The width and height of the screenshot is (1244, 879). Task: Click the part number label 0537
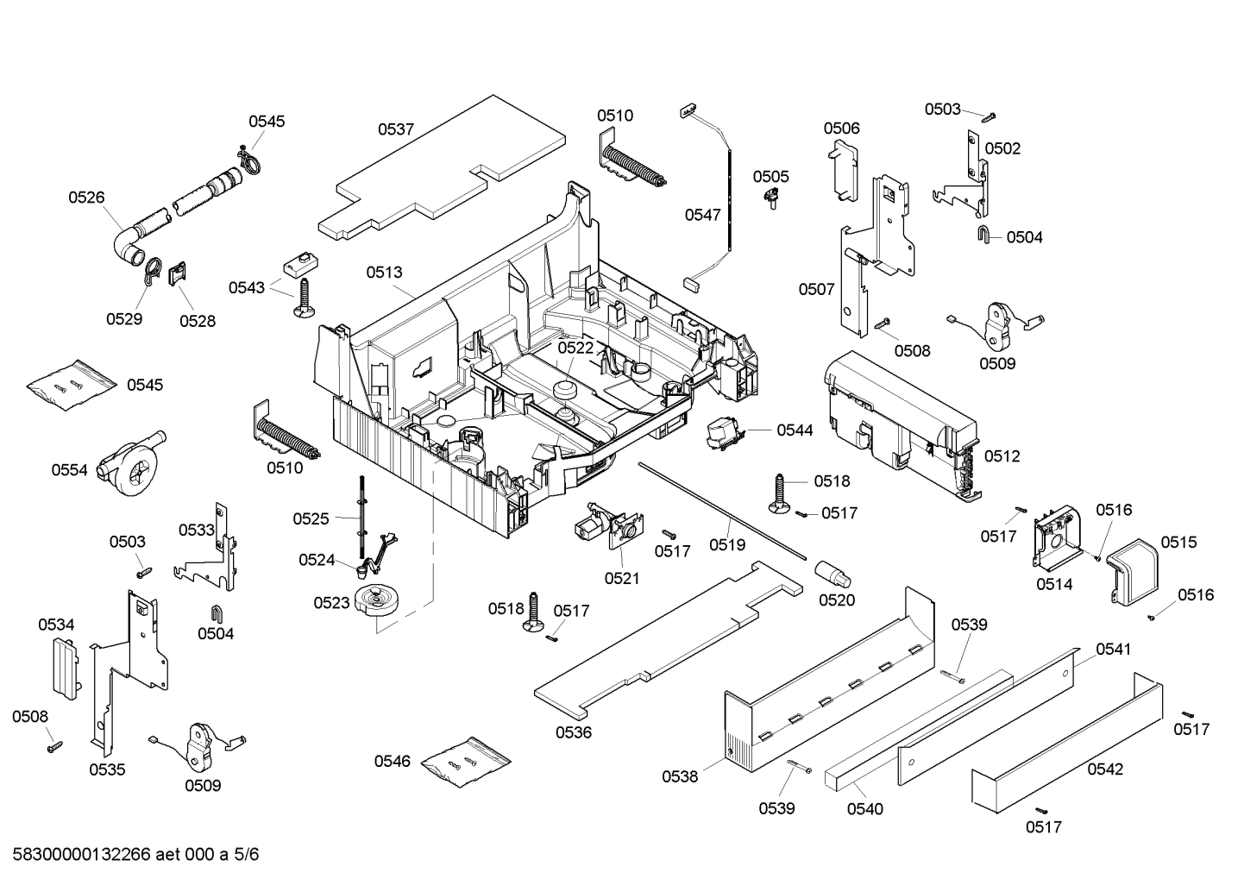click(396, 129)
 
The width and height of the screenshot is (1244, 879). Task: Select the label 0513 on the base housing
click(384, 273)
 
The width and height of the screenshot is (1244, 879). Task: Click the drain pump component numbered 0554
click(129, 463)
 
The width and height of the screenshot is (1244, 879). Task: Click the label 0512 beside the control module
click(1002, 455)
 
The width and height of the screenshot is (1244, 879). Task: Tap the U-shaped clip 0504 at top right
click(983, 235)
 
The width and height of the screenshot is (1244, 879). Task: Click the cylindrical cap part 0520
click(832, 572)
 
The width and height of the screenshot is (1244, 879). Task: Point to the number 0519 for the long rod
click(727, 544)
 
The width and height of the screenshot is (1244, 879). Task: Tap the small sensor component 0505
click(770, 201)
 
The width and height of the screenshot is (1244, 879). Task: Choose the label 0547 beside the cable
click(702, 215)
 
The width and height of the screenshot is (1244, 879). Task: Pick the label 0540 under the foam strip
click(864, 808)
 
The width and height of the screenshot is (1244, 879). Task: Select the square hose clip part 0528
click(178, 276)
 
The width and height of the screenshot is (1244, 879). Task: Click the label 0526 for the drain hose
click(86, 197)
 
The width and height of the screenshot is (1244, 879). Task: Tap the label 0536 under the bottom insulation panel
click(574, 732)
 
